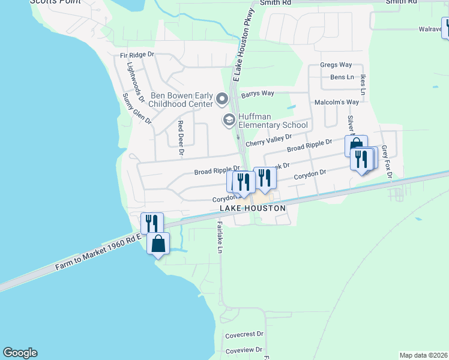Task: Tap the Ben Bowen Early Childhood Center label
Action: click(181, 100)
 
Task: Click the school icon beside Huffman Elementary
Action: click(229, 121)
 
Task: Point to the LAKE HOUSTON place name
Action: click(252, 208)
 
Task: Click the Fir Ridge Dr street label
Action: click(137, 55)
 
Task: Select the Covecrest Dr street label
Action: click(244, 334)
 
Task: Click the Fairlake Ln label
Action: click(220, 237)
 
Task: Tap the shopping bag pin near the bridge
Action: click(158, 245)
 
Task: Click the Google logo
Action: click(20, 353)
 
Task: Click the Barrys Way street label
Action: click(258, 94)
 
